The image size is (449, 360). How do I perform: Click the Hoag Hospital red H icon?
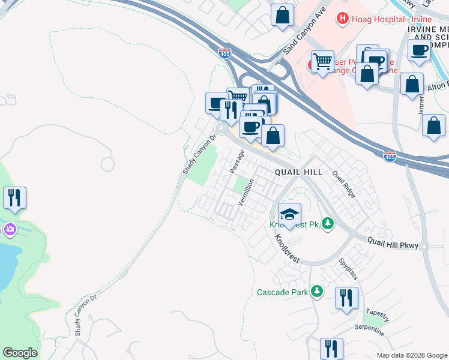343,19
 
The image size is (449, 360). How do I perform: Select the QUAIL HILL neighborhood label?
298,172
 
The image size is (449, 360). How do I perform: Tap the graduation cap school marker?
289,214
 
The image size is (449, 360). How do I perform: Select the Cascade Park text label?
282,293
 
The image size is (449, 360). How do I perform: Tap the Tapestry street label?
377,312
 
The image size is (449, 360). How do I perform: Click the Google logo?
20,353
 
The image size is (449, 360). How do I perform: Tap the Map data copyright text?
411,355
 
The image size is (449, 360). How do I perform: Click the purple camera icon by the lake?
10,229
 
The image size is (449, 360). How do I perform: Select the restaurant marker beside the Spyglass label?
346,298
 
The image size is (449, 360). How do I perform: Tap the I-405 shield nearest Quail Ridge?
390,157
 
